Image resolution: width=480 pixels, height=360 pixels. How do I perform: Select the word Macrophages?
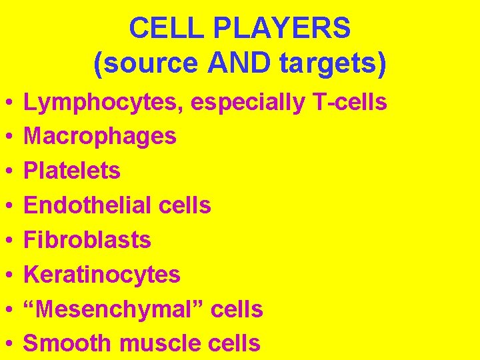point(100,137)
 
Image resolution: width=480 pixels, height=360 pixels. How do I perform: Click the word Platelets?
point(72,171)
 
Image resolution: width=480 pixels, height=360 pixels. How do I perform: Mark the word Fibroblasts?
point(87,240)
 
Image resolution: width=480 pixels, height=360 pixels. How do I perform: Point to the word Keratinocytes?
point(102,275)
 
